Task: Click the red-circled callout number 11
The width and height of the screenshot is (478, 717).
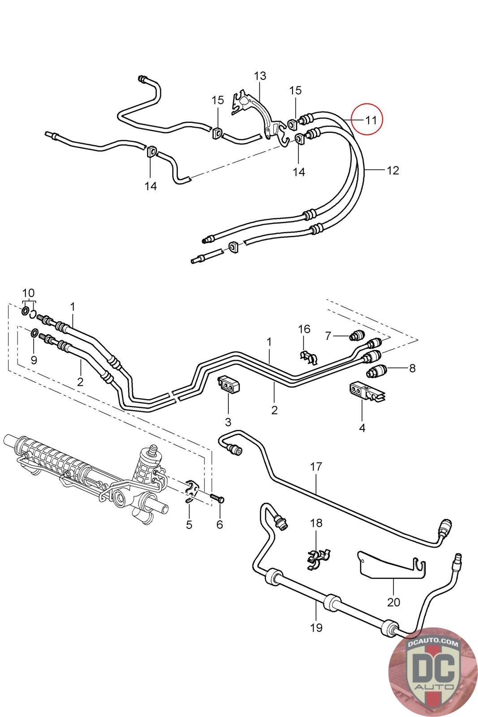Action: coord(371,120)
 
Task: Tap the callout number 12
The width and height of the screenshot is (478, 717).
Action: coord(393,170)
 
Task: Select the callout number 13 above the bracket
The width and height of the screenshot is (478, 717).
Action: coord(260,76)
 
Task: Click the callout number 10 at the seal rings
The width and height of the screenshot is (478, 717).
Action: coord(28,293)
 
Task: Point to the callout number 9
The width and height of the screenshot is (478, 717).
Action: coord(34,360)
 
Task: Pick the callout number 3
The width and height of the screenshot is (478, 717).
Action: coord(228,422)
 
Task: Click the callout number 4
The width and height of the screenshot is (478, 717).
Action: coord(362,428)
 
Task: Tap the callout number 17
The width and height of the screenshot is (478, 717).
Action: coord(316,466)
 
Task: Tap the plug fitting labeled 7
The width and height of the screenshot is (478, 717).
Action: coord(357,335)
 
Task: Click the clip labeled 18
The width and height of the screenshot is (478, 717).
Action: coord(318,559)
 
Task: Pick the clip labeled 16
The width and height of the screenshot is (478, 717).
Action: coord(308,357)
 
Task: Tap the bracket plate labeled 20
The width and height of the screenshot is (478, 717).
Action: coord(391,565)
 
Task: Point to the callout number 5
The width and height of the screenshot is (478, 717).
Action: coord(189,525)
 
